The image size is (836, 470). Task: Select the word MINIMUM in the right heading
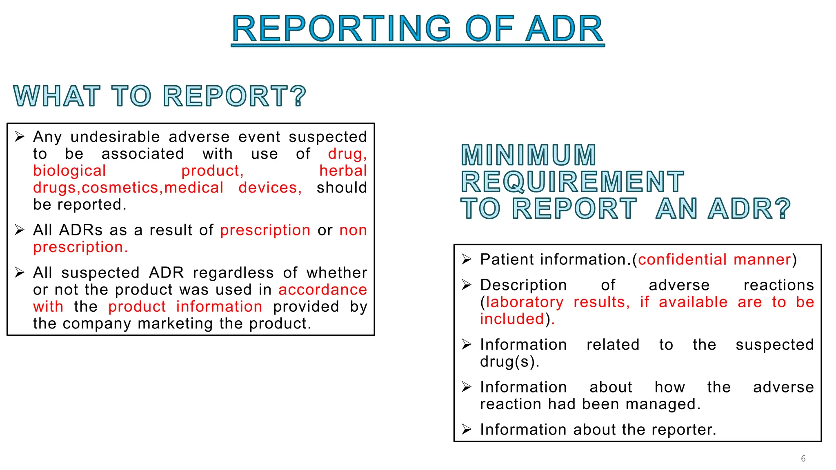point(529,155)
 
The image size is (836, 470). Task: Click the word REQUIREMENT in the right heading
point(572,182)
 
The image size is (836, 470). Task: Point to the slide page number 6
point(803,459)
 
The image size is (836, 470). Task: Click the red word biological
point(69,171)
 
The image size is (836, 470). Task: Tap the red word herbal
point(343,171)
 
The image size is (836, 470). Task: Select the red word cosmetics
point(120,188)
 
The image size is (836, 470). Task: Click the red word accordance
point(322,290)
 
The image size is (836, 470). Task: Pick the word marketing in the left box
point(176,324)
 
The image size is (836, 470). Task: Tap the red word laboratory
point(525,302)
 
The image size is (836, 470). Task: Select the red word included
point(512,319)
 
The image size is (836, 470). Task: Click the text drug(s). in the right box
point(509,362)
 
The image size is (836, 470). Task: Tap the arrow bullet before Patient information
point(467,259)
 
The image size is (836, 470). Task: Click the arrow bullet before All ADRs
point(20,230)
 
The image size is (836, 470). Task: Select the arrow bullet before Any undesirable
point(20,137)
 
